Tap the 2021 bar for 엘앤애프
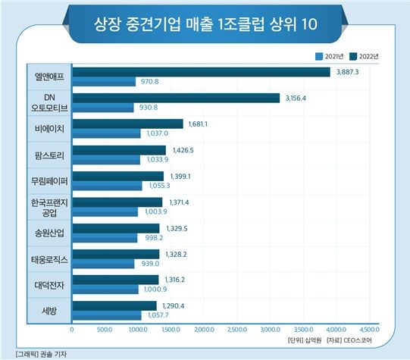(x=104, y=81)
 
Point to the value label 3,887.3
(x=349, y=72)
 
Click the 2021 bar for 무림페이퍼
(x=107, y=186)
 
